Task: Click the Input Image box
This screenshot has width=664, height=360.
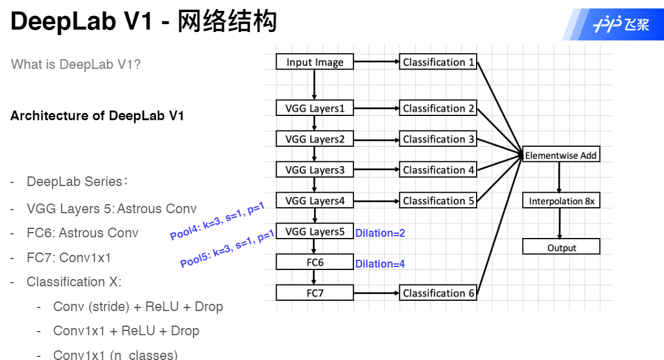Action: (x=314, y=62)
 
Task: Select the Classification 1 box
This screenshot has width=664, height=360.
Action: (x=438, y=62)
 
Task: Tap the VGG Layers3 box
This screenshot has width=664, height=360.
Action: (x=314, y=170)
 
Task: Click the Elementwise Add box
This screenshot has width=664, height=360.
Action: (x=561, y=155)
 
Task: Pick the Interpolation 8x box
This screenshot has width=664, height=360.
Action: (x=561, y=201)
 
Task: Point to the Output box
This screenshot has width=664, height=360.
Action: (x=561, y=248)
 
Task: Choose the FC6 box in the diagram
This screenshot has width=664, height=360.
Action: (x=314, y=262)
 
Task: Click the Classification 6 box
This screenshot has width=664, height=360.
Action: (x=438, y=293)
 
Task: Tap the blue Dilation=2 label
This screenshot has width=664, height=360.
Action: (x=380, y=233)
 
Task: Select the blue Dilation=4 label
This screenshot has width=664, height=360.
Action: (x=380, y=264)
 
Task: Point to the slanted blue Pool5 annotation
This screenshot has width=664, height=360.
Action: (x=227, y=249)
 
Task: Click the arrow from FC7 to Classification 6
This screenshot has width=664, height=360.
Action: (x=376, y=293)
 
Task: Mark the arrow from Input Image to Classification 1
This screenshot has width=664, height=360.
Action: (x=376, y=62)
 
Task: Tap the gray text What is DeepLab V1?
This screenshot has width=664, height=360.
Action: (x=76, y=64)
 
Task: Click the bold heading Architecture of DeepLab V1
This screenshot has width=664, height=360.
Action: (x=97, y=115)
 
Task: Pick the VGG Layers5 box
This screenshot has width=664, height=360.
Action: (x=314, y=231)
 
